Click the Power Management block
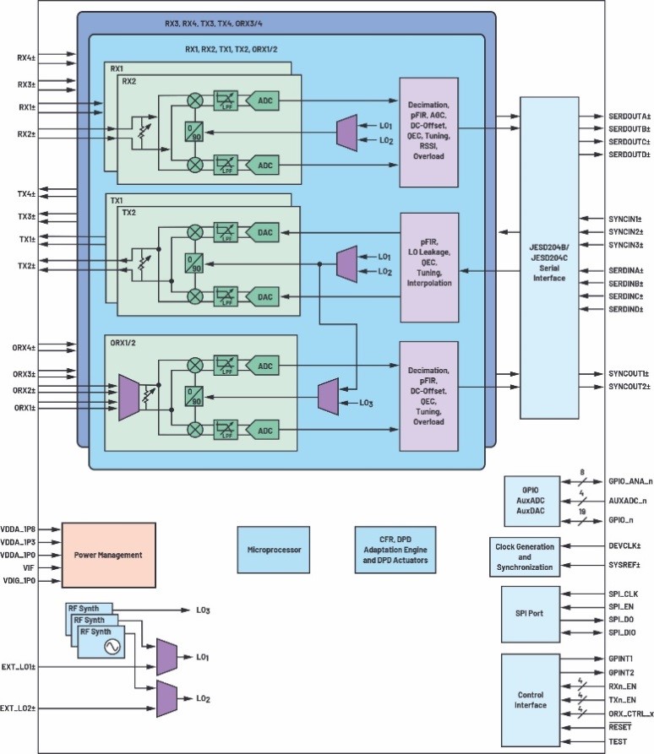(x=108, y=555)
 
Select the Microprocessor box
(x=274, y=550)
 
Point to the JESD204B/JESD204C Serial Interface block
(x=548, y=257)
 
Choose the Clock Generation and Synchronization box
(x=525, y=556)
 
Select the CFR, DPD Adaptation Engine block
(x=397, y=550)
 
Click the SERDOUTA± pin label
(x=629, y=115)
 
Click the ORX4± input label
(x=24, y=347)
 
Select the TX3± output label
(x=25, y=216)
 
